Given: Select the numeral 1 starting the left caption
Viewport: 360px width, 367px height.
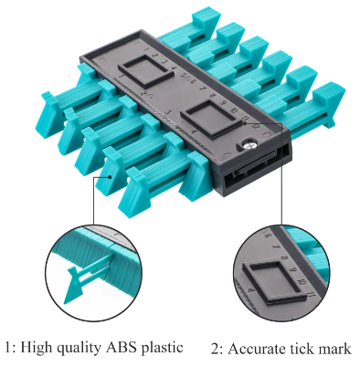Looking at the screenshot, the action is coord(8,348).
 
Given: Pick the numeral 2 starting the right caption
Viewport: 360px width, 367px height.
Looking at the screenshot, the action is coord(215,349).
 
